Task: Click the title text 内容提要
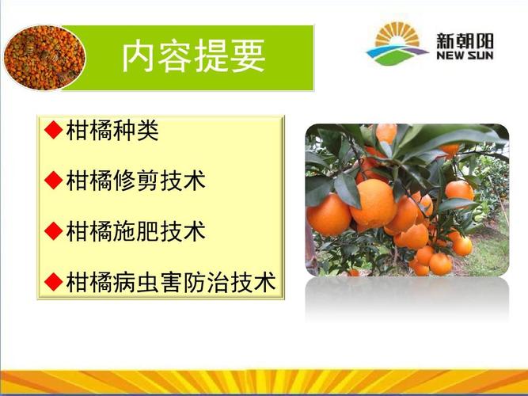tap(194, 55)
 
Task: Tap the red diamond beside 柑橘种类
tap(54, 130)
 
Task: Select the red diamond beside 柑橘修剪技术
tap(54, 180)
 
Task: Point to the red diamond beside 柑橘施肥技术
tap(54, 230)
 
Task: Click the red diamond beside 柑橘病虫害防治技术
tap(54, 281)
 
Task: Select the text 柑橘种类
tap(112, 130)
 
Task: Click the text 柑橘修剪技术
tap(135, 181)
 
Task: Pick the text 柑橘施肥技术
tap(135, 231)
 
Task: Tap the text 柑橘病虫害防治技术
tap(171, 282)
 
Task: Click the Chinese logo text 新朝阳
tap(465, 40)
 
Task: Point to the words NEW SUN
tap(465, 55)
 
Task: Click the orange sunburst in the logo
tap(397, 34)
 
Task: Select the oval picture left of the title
tap(44, 58)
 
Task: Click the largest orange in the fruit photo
tap(374, 203)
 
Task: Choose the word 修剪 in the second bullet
tap(135, 181)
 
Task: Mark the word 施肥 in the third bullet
tap(135, 231)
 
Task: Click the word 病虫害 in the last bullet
tap(147, 282)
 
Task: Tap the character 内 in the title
tap(139, 55)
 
